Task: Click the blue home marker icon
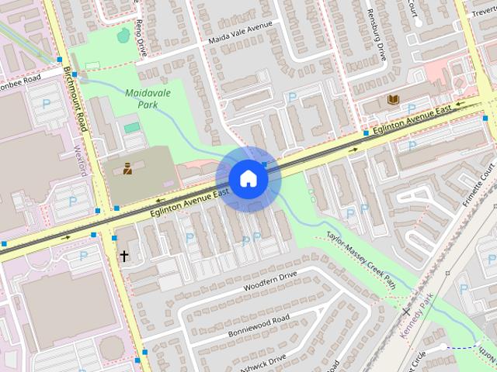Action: click(248, 178)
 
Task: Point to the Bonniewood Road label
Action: click(259, 325)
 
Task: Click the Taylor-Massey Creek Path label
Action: click(362, 259)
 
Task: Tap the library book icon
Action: click(393, 100)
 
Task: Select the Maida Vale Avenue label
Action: click(240, 33)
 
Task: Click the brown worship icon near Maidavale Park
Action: click(127, 167)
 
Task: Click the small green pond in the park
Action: click(123, 35)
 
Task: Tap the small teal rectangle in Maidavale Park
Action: click(132, 127)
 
